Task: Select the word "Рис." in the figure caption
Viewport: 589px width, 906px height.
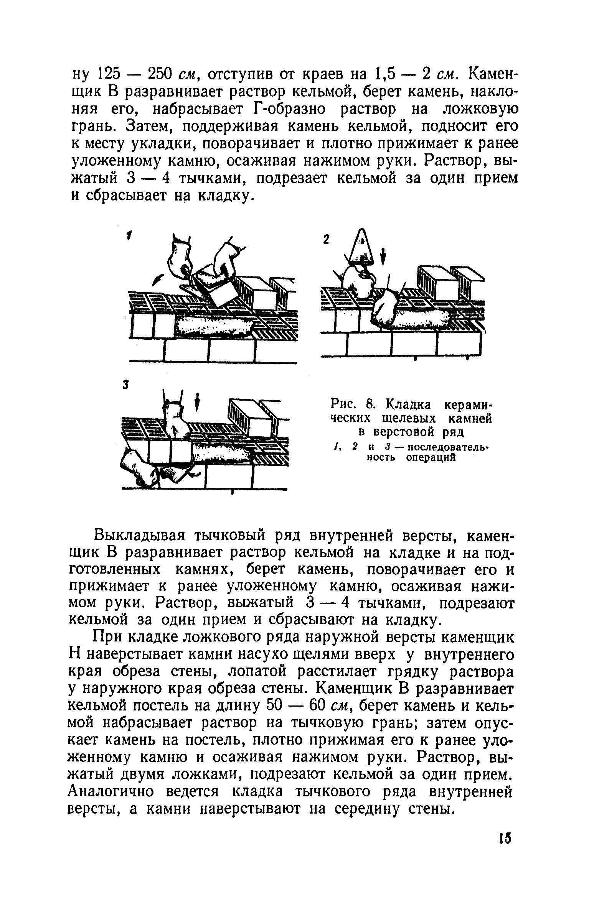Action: (x=343, y=404)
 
